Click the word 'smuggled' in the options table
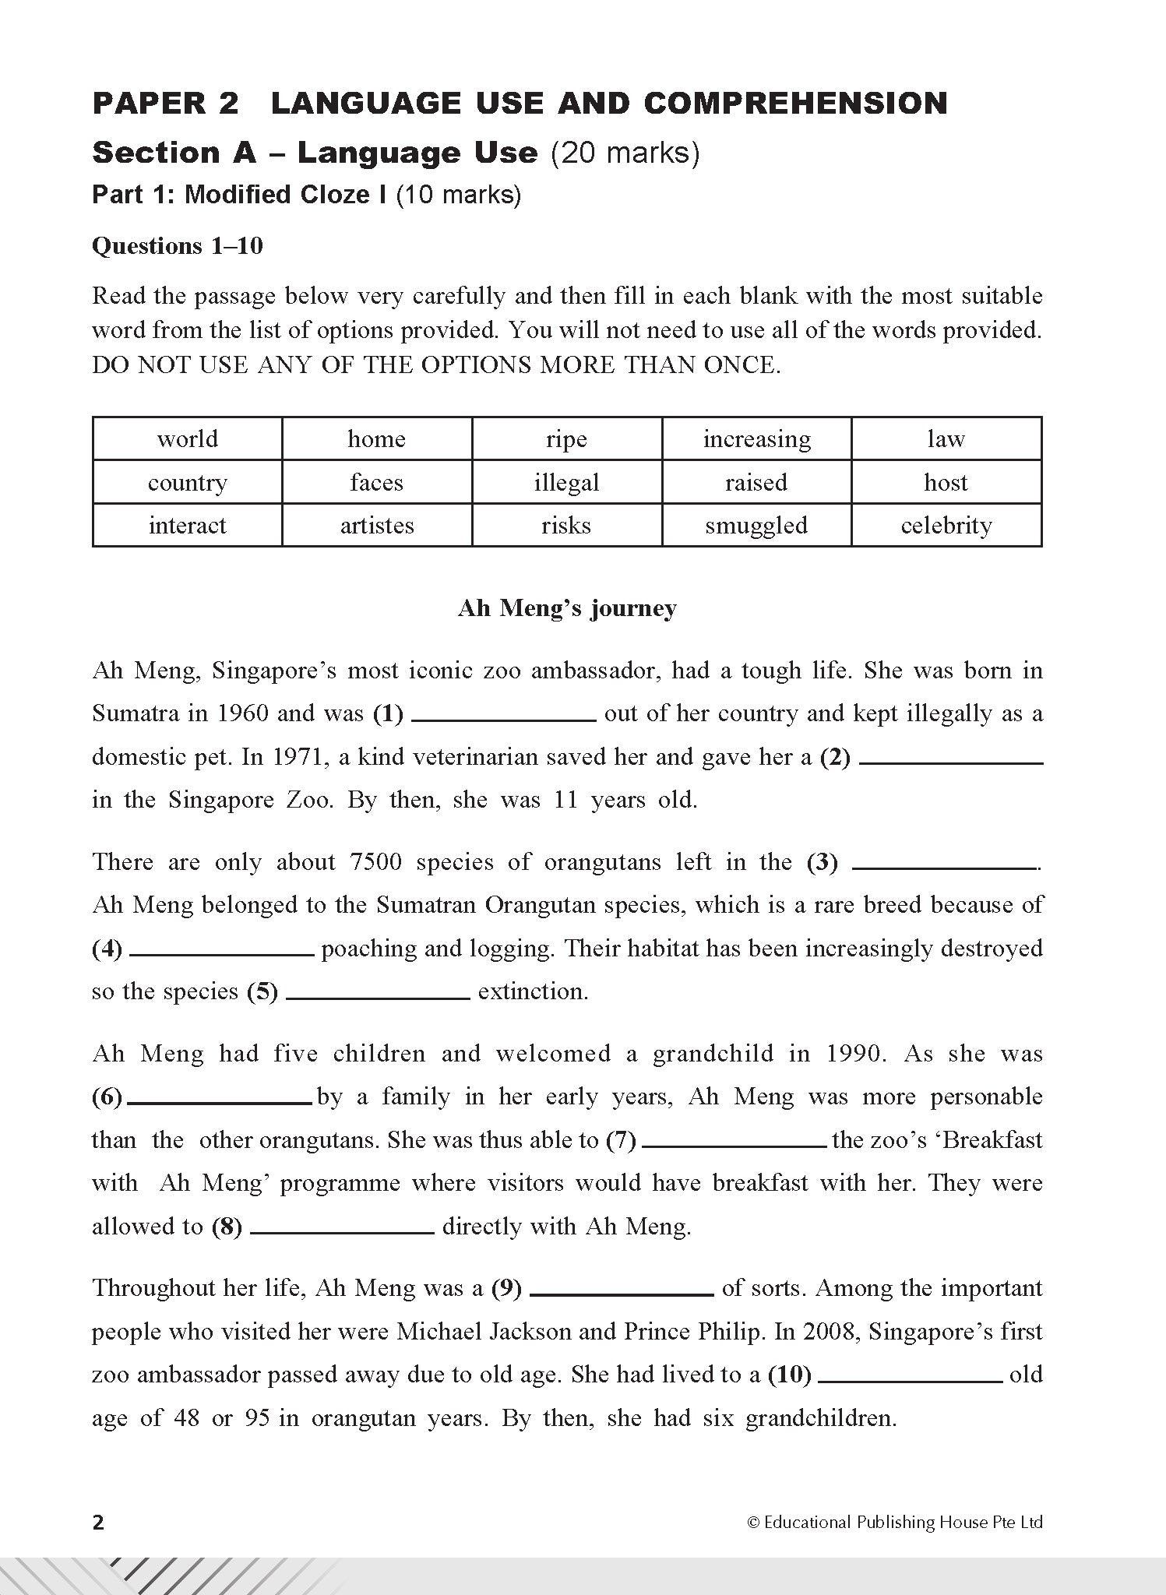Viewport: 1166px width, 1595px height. [x=756, y=526]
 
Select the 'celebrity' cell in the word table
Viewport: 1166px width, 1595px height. [x=946, y=526]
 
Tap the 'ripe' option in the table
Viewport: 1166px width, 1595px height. [x=566, y=439]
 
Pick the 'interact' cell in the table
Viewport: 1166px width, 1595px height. [x=187, y=526]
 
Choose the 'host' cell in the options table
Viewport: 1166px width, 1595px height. [x=946, y=482]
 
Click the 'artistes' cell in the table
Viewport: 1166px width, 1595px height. [x=376, y=526]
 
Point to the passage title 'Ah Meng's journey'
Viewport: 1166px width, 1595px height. [x=566, y=607]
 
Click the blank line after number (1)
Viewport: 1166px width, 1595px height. [x=503, y=720]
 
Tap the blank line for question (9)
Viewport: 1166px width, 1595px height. [x=622, y=1294]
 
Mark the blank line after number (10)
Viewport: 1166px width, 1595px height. [x=911, y=1381]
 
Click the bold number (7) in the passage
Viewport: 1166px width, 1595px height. [x=621, y=1140]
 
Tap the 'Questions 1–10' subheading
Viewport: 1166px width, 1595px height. [x=178, y=246]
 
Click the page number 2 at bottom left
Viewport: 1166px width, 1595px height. [x=98, y=1522]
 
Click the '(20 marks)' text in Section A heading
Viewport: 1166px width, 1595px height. [x=625, y=153]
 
